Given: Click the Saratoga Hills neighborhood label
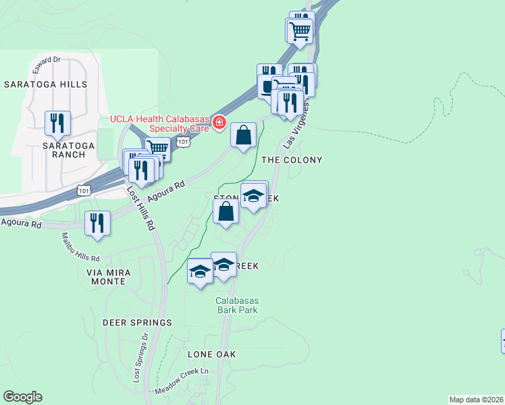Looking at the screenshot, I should [45, 84].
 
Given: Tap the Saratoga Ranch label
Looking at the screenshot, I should [64, 149].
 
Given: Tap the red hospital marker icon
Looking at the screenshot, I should [219, 122].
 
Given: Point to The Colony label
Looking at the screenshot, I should [291, 160].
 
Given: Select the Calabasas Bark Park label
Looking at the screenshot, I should [237, 305].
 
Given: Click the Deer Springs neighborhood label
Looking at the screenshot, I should [137, 323].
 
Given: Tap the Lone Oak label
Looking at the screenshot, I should [211, 354].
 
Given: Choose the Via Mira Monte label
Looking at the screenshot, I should [117, 277].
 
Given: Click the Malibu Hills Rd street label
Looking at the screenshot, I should [80, 248].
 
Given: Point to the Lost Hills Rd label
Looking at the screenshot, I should [140, 209].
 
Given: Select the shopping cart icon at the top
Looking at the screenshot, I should [299, 30].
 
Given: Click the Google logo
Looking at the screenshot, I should [22, 397].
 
